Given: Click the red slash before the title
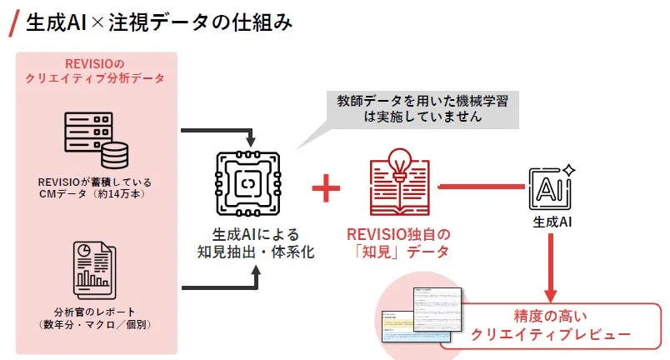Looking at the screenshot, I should coord(14,22).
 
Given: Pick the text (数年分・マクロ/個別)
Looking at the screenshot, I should coord(95,323).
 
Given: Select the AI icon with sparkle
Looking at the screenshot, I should coord(551,186).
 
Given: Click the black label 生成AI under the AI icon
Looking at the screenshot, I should coord(551,222).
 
